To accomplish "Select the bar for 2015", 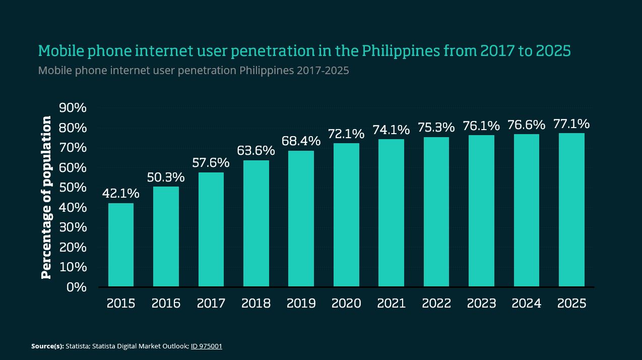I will click(x=121, y=245).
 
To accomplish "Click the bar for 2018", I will click(x=256, y=223).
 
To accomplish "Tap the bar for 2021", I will click(x=391, y=213).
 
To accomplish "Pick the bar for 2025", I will click(x=571, y=210).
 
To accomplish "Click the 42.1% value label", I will click(x=121, y=194).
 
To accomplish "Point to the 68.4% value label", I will click(x=301, y=141).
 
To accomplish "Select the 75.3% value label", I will click(x=436, y=127).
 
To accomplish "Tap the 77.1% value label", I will click(x=571, y=124).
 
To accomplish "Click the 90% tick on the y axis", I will click(x=73, y=108).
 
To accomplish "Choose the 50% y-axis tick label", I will click(x=73, y=188).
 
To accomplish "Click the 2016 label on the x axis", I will click(x=166, y=304).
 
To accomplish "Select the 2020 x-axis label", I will click(x=346, y=304).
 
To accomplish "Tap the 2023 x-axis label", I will click(x=481, y=304).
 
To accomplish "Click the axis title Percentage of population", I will click(x=46, y=197).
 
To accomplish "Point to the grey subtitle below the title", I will click(x=194, y=71).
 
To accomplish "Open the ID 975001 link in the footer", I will click(x=207, y=346).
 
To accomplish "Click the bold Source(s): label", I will click(x=47, y=346).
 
